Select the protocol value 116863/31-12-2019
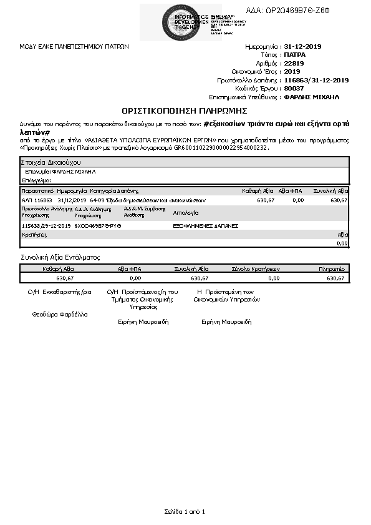click(x=316, y=81)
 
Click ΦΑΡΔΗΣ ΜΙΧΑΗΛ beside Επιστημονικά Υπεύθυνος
click(x=311, y=97)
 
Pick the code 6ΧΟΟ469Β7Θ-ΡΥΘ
click(x=98, y=225)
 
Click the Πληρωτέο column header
click(x=332, y=268)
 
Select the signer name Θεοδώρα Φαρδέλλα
click(x=60, y=314)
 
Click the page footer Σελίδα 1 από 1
click(x=185, y=511)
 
